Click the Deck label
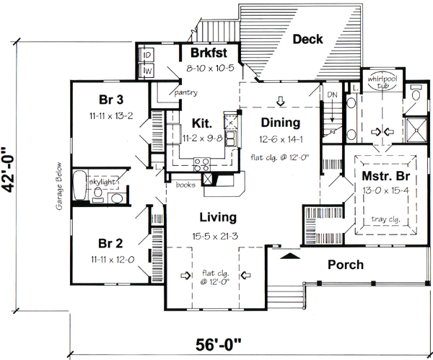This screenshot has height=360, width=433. pyautogui.click(x=307, y=40)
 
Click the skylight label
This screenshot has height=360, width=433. pyautogui.click(x=102, y=183)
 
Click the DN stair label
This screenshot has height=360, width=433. pyautogui.click(x=332, y=94)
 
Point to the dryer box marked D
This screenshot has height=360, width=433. pyautogui.click(x=146, y=56)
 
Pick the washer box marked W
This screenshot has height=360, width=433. pyautogui.click(x=146, y=71)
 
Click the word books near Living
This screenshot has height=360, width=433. pyautogui.click(x=185, y=185)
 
